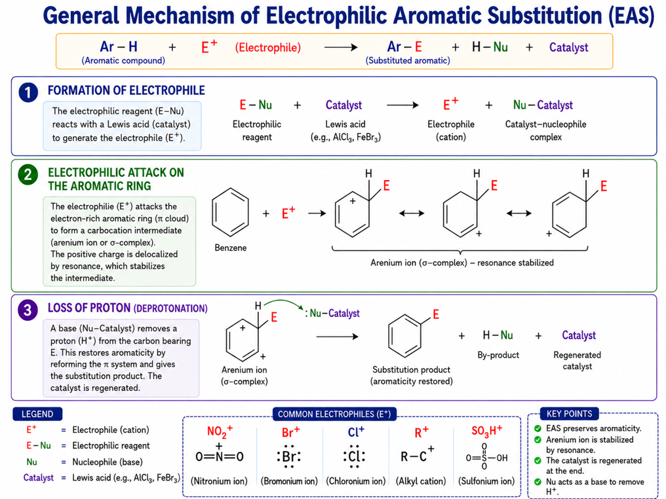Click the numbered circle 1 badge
[x=28, y=92]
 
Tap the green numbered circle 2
[x=28, y=174]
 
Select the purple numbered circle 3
[x=28, y=310]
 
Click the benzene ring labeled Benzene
[x=230, y=212]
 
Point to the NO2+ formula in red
[x=220, y=431]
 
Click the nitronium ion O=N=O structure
[x=219, y=454]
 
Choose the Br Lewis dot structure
[x=289, y=456]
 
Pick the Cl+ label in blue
[x=356, y=432]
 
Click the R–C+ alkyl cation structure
[x=418, y=455]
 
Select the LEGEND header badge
[x=37, y=414]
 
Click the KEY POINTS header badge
[x=569, y=414]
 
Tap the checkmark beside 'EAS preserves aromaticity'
[x=538, y=428]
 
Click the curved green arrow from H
[x=284, y=303]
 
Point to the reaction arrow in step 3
[x=337, y=337]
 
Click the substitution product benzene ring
[x=405, y=336]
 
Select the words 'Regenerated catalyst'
[x=578, y=361]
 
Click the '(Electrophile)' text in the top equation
[x=268, y=48]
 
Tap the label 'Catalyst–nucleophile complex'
[x=546, y=131]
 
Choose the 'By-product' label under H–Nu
[x=498, y=355]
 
